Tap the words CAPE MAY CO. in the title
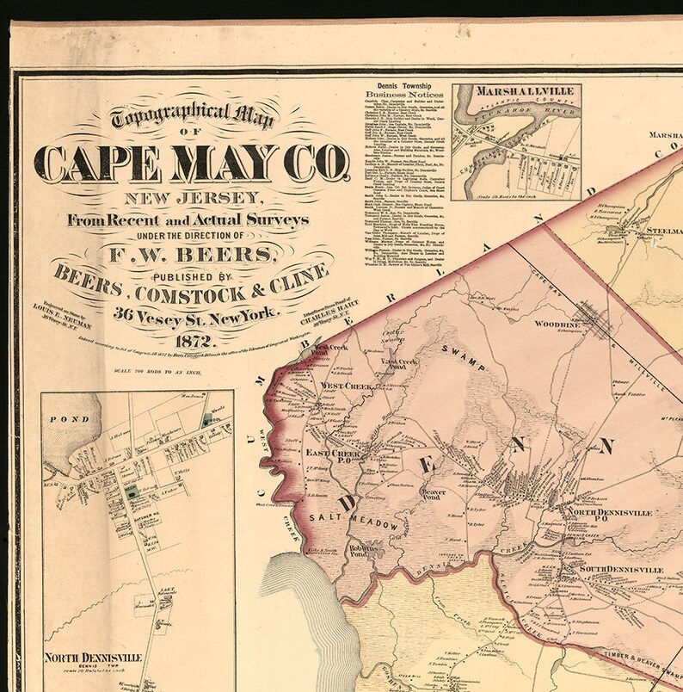[192, 164]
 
